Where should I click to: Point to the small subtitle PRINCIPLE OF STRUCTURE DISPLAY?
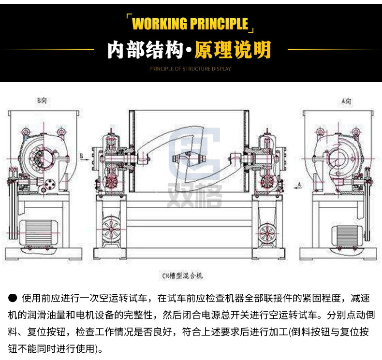pos(190,69)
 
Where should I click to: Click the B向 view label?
pos(42,101)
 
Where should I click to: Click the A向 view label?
pos(346,101)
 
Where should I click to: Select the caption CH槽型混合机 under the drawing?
pos(183,276)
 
